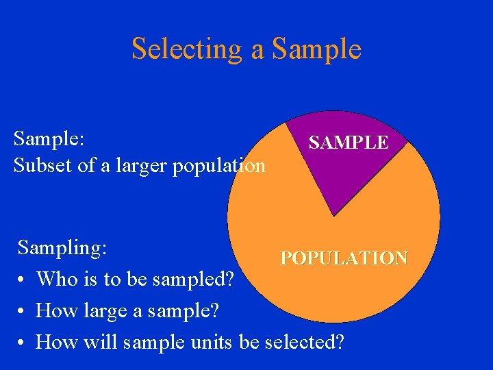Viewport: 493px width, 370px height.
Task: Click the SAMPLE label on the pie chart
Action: click(348, 143)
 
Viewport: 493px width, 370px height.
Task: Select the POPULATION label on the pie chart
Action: click(344, 258)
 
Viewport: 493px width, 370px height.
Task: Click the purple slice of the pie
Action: click(336, 171)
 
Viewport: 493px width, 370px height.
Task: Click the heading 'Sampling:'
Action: click(62, 247)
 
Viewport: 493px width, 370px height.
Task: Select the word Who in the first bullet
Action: click(56, 279)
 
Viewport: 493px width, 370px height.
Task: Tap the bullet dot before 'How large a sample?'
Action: click(23, 311)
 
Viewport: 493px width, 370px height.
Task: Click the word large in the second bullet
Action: click(103, 311)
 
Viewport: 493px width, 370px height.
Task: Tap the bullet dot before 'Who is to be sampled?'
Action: click(23, 280)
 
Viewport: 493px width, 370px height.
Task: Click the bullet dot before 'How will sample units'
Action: click(23, 341)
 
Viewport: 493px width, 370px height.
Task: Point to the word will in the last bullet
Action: click(99, 341)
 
